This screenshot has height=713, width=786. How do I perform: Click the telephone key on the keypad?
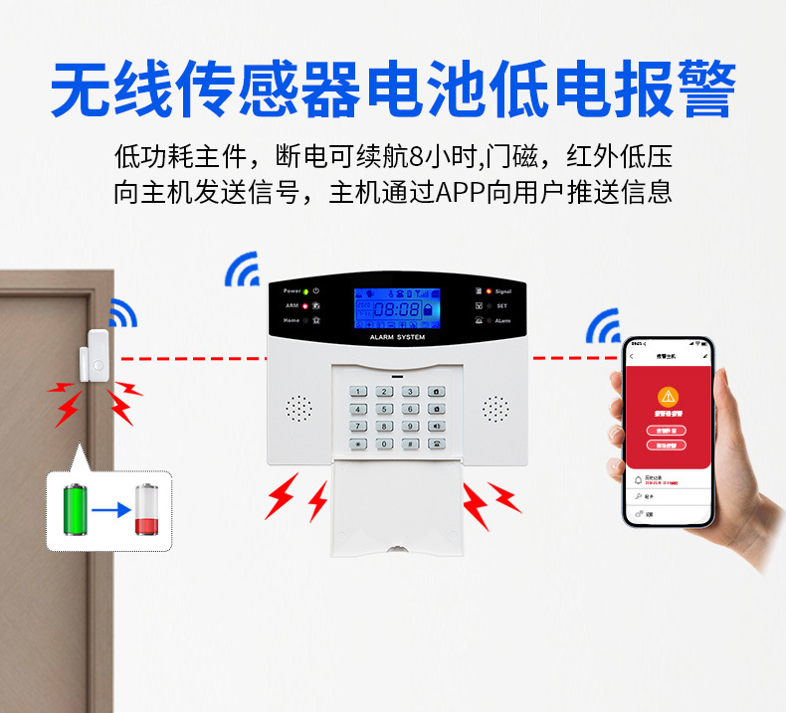pyautogui.click(x=436, y=444)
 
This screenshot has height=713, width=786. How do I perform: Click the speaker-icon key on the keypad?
pyautogui.click(x=436, y=426)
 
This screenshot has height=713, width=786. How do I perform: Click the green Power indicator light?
pyautogui.click(x=305, y=291)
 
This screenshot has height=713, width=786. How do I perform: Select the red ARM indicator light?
pyautogui.click(x=305, y=306)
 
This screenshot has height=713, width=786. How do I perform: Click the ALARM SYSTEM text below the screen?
pyautogui.click(x=396, y=338)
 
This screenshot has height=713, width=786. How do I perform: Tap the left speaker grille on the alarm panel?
pyautogui.click(x=298, y=408)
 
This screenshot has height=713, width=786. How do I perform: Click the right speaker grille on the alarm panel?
pyautogui.click(x=495, y=408)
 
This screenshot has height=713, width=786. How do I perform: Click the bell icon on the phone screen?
pyautogui.click(x=638, y=480)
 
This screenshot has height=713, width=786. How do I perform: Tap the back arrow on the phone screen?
pyautogui.click(x=633, y=355)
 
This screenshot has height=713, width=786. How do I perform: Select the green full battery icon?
pyautogui.click(x=75, y=510)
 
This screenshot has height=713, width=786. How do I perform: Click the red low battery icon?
pyautogui.click(x=146, y=510)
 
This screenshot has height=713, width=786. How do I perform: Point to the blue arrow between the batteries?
pyautogui.click(x=110, y=511)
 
